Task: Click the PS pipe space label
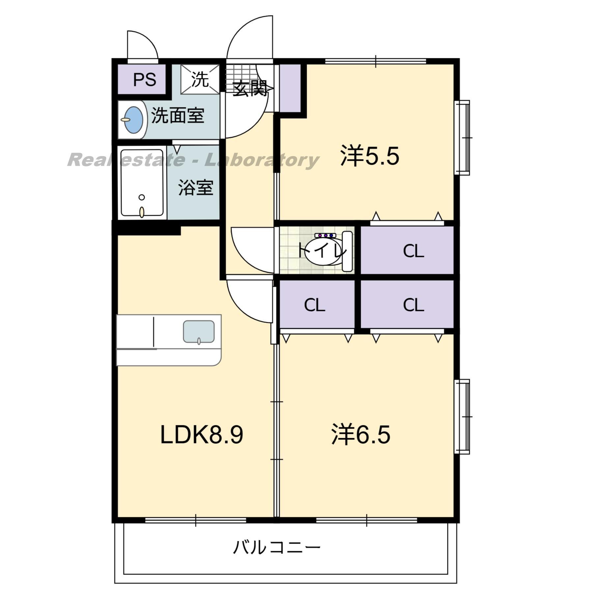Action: (x=144, y=79)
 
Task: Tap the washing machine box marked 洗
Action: (x=200, y=79)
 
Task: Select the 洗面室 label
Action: (x=178, y=116)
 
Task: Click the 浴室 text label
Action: (x=195, y=187)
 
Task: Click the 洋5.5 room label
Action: (x=370, y=156)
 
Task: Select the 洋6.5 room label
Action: (x=361, y=435)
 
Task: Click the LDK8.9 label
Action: (x=201, y=435)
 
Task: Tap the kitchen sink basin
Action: (x=199, y=331)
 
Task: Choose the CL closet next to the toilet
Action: (x=413, y=251)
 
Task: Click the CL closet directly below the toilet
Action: (x=314, y=305)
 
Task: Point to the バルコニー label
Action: (x=276, y=547)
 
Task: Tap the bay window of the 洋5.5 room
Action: (x=463, y=137)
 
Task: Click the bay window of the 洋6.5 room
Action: (x=463, y=416)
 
